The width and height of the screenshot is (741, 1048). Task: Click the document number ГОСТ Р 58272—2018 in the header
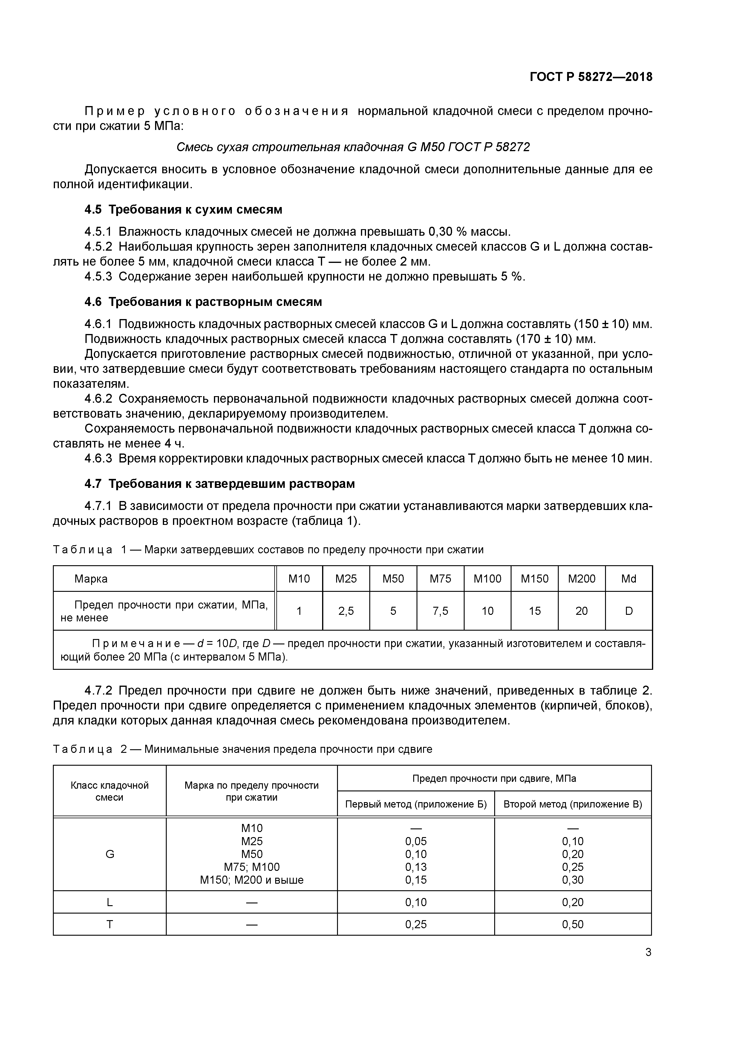click(591, 77)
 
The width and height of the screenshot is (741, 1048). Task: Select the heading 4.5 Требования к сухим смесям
click(183, 209)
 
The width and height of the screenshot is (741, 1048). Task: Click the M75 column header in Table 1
click(440, 579)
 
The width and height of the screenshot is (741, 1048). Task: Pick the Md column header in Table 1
click(628, 579)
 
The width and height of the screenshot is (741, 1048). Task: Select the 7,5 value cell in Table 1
click(440, 611)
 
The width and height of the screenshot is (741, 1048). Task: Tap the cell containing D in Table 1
click(628, 611)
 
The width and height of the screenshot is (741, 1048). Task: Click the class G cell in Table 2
click(110, 854)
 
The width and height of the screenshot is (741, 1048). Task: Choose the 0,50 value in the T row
click(572, 924)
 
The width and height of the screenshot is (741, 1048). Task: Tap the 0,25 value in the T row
click(416, 924)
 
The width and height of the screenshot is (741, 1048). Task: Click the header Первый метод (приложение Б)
click(416, 804)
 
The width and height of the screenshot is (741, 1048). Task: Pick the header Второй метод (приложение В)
click(572, 804)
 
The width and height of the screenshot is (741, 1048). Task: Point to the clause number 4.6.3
click(98, 458)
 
